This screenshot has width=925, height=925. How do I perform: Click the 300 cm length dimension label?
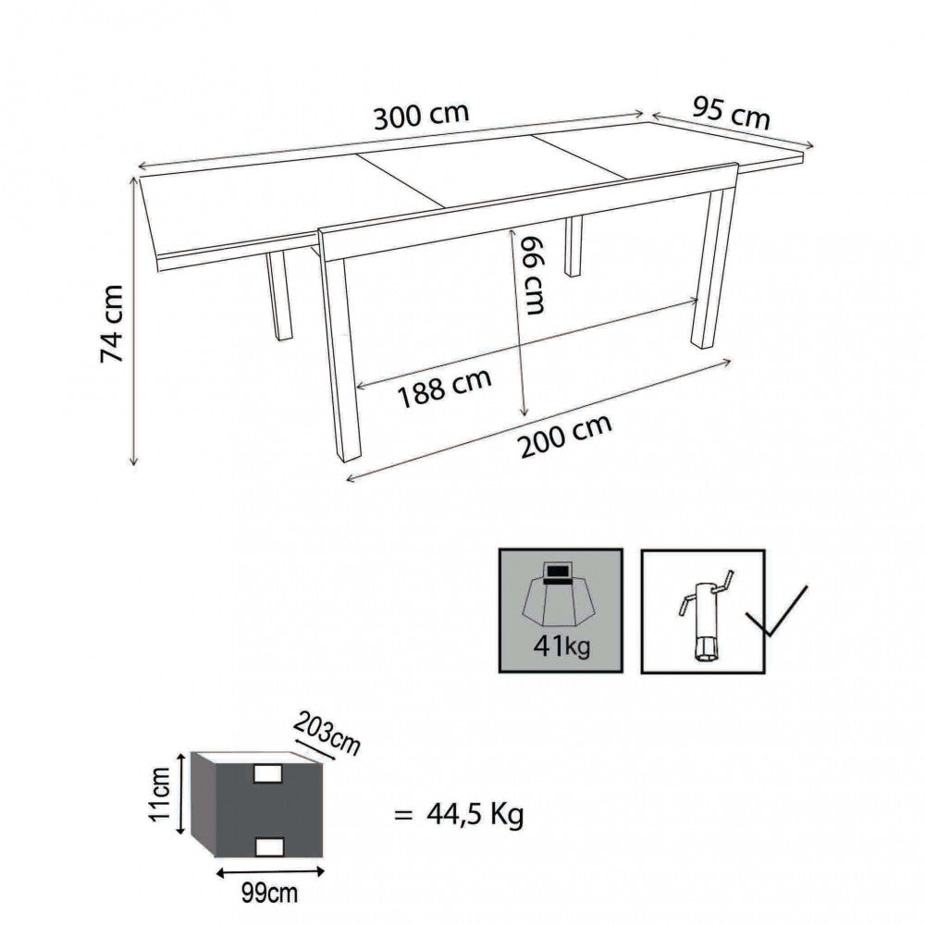422,118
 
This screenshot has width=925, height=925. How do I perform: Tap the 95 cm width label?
731,113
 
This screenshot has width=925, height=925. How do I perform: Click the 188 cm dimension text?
445,388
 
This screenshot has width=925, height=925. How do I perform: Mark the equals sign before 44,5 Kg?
402,816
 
